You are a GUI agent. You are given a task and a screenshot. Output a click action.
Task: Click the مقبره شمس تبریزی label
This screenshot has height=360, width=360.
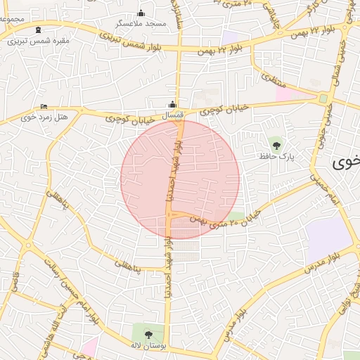pyautogui.click(x=39, y=40)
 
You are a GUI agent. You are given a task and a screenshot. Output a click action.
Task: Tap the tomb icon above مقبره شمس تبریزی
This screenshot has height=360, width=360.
pyautogui.click(x=38, y=30)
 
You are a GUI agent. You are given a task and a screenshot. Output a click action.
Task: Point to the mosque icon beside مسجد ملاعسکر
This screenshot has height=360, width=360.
pyautogui.click(x=141, y=13)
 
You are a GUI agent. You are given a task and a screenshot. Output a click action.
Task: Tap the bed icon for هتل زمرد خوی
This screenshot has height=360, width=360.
pyautogui.click(x=44, y=106)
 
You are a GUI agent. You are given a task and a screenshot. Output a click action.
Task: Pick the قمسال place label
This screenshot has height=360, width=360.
pyautogui.click(x=172, y=114)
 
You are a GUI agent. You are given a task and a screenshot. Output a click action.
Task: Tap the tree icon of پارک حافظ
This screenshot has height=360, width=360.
pyautogui.click(x=276, y=146)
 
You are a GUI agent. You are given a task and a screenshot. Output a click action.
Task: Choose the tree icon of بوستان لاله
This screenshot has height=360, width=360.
pyautogui.click(x=148, y=333)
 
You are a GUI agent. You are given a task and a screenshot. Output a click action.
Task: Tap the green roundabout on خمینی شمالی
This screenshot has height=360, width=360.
pyautogui.click(x=323, y=98)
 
